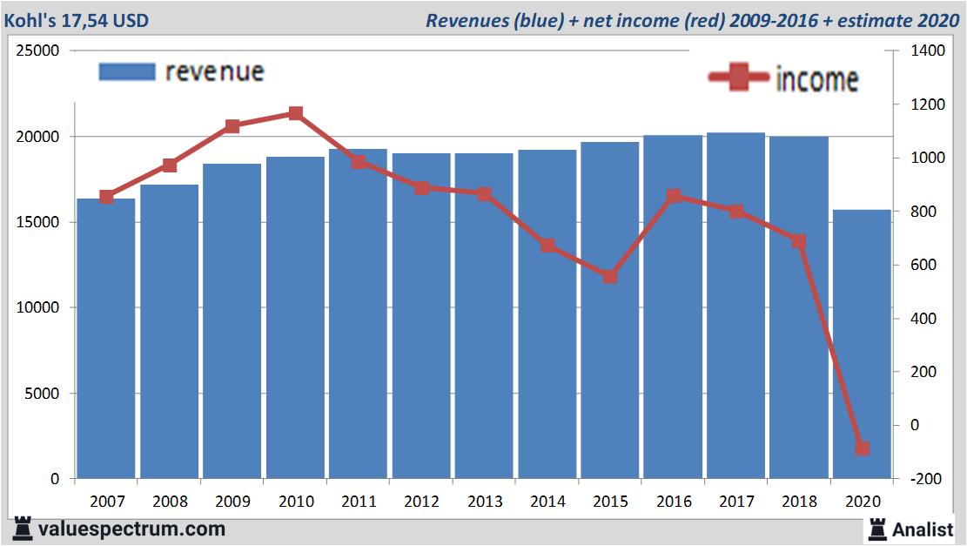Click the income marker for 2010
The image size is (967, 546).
point(295,113)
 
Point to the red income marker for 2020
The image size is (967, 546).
point(862,448)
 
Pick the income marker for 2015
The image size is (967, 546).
point(610,276)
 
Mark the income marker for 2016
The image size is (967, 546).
point(673,196)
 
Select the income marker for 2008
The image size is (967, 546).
point(170,165)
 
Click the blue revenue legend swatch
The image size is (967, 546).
point(127,71)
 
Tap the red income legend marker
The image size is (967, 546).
point(739,78)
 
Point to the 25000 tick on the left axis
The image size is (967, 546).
point(39,51)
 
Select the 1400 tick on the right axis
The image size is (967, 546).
point(929,51)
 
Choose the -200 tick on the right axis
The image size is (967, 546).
point(928,479)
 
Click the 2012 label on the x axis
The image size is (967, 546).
point(421,502)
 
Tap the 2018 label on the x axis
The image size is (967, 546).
point(799,502)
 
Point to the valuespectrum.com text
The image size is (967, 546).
point(131,529)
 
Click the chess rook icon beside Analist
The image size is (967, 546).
point(876,529)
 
